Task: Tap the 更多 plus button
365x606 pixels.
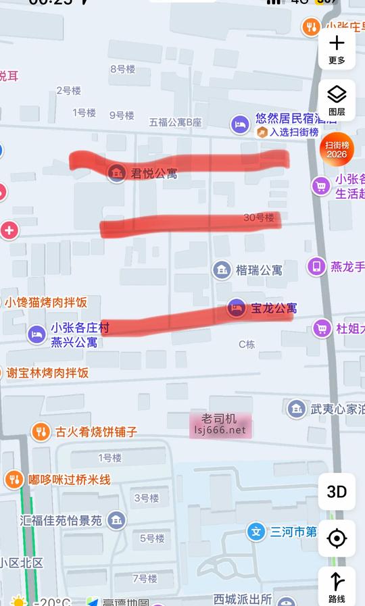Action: pos(337,49)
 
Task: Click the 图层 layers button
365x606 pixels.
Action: pos(337,99)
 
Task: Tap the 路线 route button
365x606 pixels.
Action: pos(337,586)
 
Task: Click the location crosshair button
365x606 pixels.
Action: pos(337,538)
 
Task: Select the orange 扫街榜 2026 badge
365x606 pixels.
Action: pos(337,149)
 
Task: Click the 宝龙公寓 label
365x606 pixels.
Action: pos(274,308)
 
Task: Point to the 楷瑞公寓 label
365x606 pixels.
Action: pos(259,270)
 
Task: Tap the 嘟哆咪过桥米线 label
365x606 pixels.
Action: pos(69,480)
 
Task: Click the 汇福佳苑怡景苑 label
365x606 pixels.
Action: pos(61,520)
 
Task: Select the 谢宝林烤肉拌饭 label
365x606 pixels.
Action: pos(48,372)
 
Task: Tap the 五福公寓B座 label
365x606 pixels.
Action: pos(176,122)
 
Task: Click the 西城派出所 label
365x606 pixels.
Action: pos(243,599)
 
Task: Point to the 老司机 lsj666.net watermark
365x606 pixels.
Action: pos(220,424)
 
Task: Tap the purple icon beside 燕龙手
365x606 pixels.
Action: pos(316,266)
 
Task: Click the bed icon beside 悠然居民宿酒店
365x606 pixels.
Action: pos(240,124)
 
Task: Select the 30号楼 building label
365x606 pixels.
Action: pos(259,218)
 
